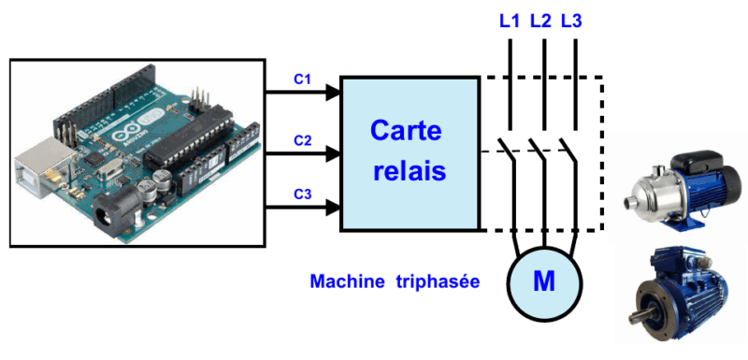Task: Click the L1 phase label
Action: pos(510,21)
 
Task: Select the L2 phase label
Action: pos(540,21)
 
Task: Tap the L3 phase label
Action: pos(571,21)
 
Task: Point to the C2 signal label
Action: pos(302,140)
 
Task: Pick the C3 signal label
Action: pos(302,194)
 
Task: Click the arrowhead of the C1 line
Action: pos(332,93)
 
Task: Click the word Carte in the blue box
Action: pos(406,130)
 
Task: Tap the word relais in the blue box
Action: pos(406,171)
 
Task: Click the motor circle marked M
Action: pos(544,281)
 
